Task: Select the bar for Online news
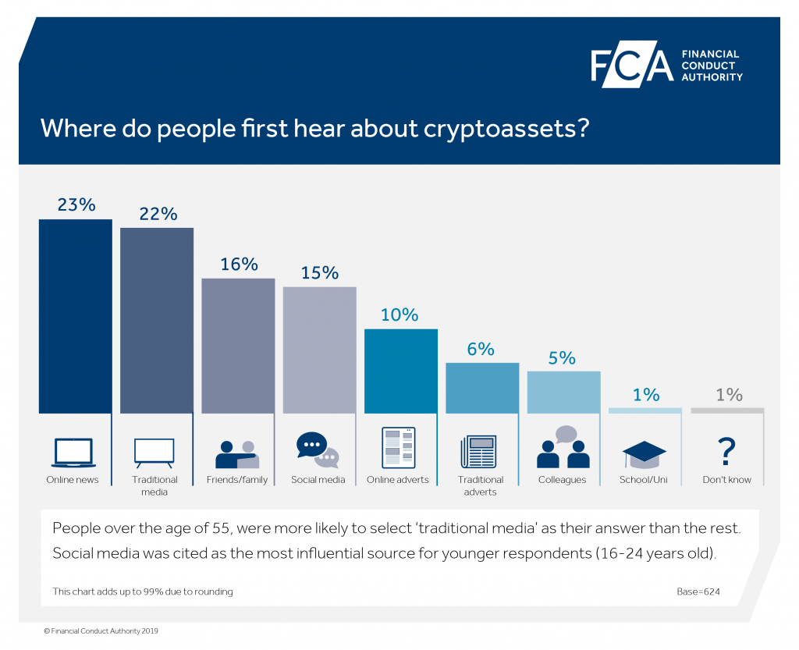point(75,316)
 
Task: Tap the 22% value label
point(158,213)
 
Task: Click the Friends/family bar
point(238,345)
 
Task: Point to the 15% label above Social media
point(319,273)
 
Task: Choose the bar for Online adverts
point(401,371)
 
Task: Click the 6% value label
point(481,349)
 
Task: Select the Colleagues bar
point(563,392)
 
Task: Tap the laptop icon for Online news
point(73,453)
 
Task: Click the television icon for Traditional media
point(154,453)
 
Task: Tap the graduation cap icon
point(645,453)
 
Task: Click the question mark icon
point(726,451)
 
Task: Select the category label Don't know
point(726,480)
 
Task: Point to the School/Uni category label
point(644,480)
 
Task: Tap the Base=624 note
point(698,591)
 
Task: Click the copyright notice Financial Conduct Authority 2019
point(101,630)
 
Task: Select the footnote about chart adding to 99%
point(143,591)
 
